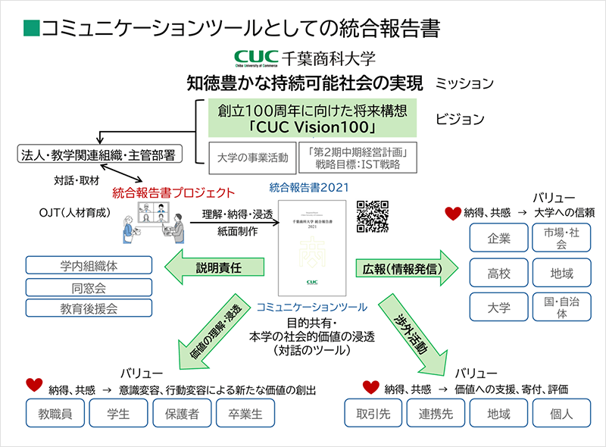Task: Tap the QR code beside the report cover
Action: pos(371,216)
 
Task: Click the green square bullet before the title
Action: pos(31,28)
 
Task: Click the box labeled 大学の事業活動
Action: pos(251,158)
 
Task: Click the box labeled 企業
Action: pos(498,239)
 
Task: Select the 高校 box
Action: pos(498,274)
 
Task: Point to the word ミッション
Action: pos(464,83)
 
